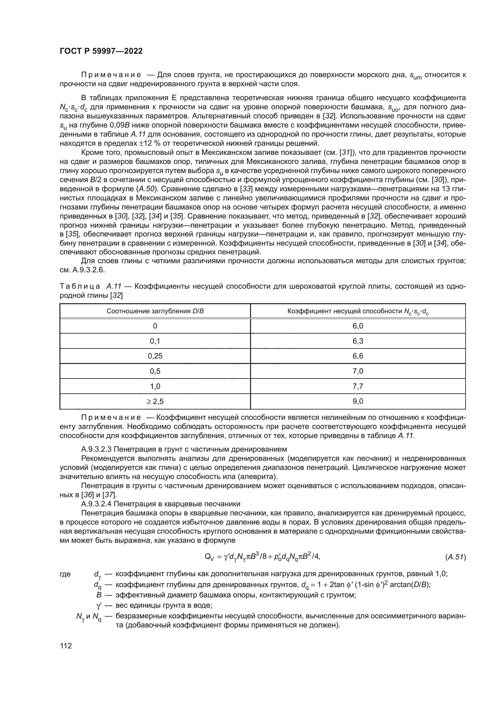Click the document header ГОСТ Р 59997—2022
101,51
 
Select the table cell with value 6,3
358,341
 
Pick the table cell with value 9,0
358,401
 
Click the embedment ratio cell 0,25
155,356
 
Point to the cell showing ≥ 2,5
155,401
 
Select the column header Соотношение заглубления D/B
155,311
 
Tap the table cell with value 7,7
358,386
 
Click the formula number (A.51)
455,557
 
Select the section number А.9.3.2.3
96,449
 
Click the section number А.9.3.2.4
96,504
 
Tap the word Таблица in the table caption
80,286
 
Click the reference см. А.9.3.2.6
82,270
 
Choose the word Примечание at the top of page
111,75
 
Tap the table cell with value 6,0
358,326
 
